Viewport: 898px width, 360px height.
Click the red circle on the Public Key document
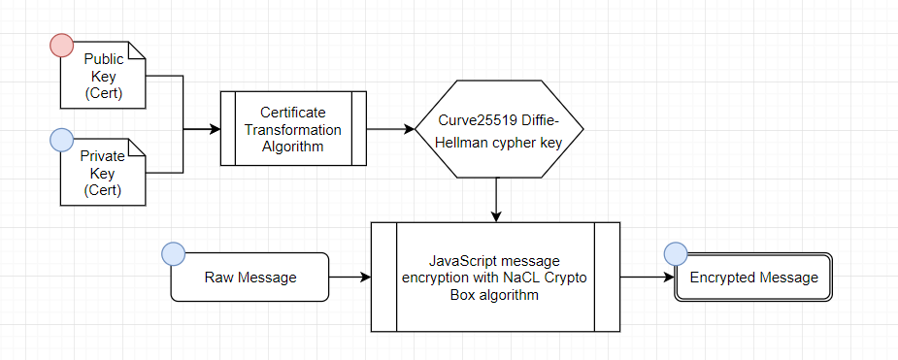(61, 45)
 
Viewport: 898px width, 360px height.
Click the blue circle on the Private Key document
(61, 142)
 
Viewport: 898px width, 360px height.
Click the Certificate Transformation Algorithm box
(292, 130)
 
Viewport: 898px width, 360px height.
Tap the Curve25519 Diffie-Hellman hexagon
(499, 130)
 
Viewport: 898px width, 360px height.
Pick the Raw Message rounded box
(249, 278)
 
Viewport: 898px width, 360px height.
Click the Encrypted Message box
(753, 278)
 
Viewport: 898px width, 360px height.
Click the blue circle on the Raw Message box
(173, 254)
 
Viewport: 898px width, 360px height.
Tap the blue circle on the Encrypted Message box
(676, 254)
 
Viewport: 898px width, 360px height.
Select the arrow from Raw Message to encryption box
(349, 278)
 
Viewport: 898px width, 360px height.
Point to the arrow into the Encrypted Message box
(648, 278)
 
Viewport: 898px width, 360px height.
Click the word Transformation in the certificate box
(292, 130)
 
